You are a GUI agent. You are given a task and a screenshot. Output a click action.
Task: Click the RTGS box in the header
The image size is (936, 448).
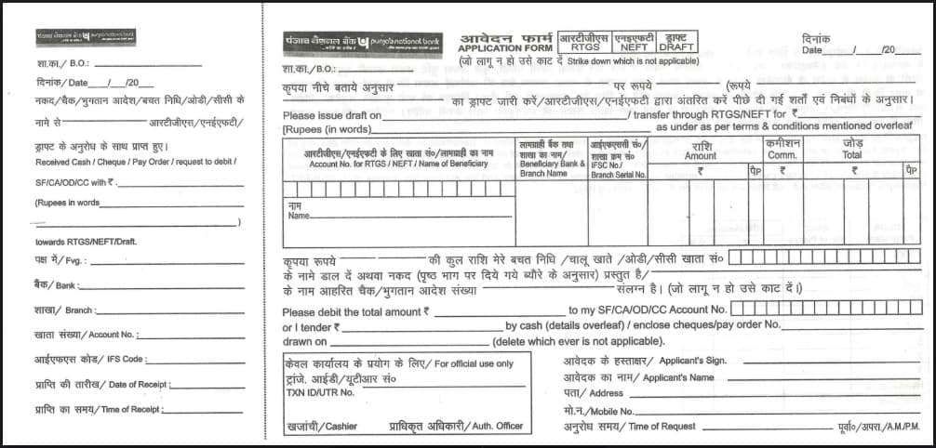pos(583,42)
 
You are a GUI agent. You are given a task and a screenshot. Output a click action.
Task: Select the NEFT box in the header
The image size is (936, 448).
pos(634,42)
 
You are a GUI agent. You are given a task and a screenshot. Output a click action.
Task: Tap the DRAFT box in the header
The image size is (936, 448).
pos(676,42)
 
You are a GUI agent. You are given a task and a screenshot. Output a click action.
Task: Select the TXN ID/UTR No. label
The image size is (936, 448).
pos(321,392)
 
